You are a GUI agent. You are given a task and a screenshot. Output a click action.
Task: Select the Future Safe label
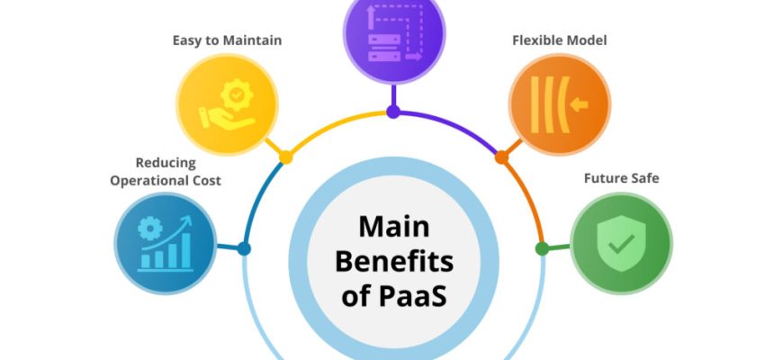[x=621, y=178]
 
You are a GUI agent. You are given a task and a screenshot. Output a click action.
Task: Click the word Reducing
[x=166, y=163]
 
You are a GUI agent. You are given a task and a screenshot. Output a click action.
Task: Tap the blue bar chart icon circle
[x=166, y=243]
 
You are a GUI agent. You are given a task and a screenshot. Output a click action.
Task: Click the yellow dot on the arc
[x=286, y=157]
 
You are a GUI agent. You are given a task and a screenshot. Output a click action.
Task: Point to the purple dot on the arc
[x=393, y=112]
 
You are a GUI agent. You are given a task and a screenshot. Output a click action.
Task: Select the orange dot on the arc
[x=501, y=157]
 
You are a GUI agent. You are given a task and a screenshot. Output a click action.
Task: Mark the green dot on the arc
[x=542, y=248]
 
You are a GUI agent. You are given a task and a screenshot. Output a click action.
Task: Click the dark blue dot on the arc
[x=244, y=248]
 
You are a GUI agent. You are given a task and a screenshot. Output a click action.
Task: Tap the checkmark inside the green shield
[x=621, y=241]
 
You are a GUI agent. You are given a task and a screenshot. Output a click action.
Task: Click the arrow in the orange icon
[x=578, y=105]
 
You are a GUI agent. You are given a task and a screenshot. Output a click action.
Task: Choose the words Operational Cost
[x=166, y=180]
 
